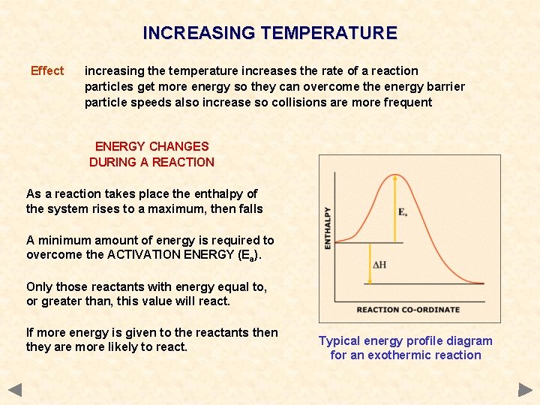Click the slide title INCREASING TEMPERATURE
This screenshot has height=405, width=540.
click(270, 33)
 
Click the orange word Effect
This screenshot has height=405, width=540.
click(47, 71)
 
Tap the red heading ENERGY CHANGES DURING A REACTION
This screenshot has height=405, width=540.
click(151, 154)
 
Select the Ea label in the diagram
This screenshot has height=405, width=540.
click(403, 212)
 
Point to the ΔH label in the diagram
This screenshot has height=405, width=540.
click(379, 265)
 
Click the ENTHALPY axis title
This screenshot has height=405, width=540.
click(327, 229)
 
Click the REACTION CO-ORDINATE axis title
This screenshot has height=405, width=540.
click(408, 310)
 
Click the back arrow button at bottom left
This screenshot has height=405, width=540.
click(15, 390)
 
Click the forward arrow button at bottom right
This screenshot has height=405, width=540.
click(525, 390)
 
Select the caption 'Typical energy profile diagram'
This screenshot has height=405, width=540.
click(406, 340)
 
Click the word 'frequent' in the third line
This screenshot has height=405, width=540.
click(408, 102)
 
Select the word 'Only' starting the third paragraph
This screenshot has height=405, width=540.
click(39, 286)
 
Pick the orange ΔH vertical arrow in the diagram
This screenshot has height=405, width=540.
click(369, 263)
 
